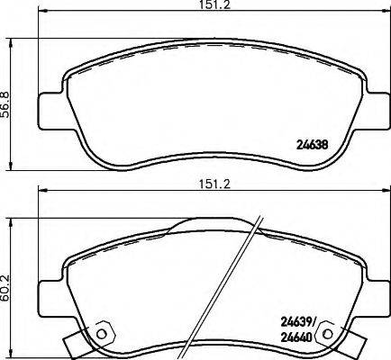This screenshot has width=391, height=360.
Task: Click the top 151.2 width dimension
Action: tap(199, 5)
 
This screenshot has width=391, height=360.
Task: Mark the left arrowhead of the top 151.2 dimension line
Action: tap(40, 14)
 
